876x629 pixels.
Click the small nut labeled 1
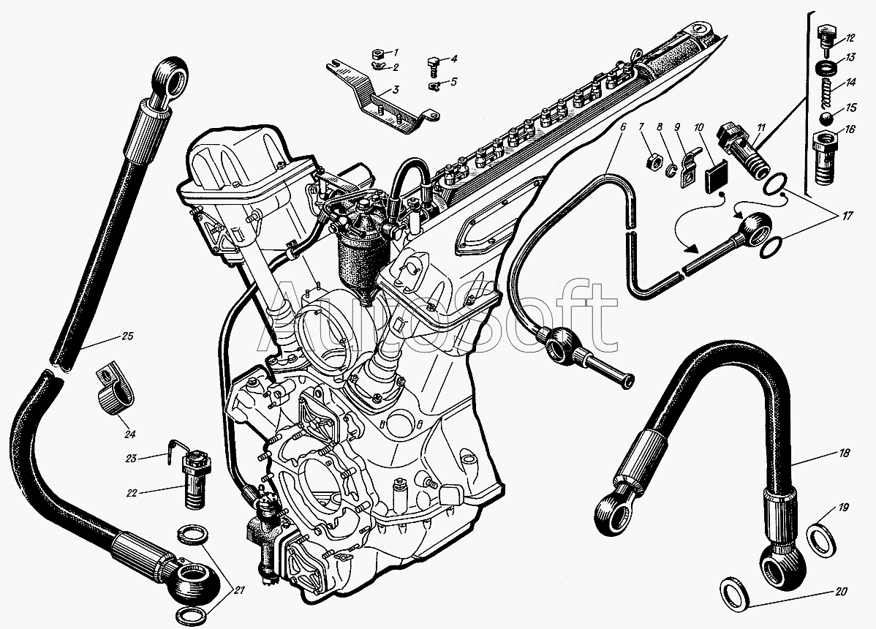pos(378,55)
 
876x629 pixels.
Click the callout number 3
pos(395,90)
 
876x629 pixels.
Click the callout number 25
pos(127,337)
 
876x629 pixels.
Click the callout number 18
pos(844,453)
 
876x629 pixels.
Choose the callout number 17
pos(847,216)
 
